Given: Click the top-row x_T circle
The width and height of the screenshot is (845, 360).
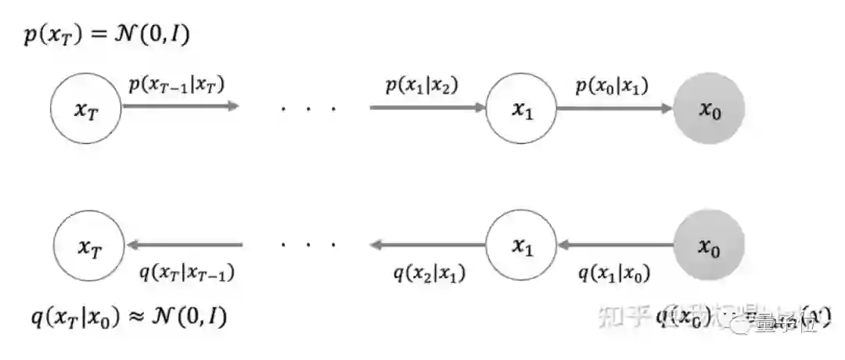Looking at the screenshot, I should click(x=86, y=109).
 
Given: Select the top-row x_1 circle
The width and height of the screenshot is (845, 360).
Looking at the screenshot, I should click(x=521, y=109).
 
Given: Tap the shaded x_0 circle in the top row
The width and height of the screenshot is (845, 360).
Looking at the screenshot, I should click(x=709, y=109).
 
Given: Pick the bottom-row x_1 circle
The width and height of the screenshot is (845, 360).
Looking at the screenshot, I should click(x=521, y=246).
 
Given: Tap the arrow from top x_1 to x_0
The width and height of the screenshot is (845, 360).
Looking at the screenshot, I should click(x=615, y=108).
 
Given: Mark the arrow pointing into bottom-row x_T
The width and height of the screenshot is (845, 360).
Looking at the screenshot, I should click(x=185, y=246).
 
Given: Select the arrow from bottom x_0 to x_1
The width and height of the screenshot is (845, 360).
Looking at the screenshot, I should click(x=615, y=246).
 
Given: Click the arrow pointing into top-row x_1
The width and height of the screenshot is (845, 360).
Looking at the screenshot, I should click(x=427, y=108).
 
